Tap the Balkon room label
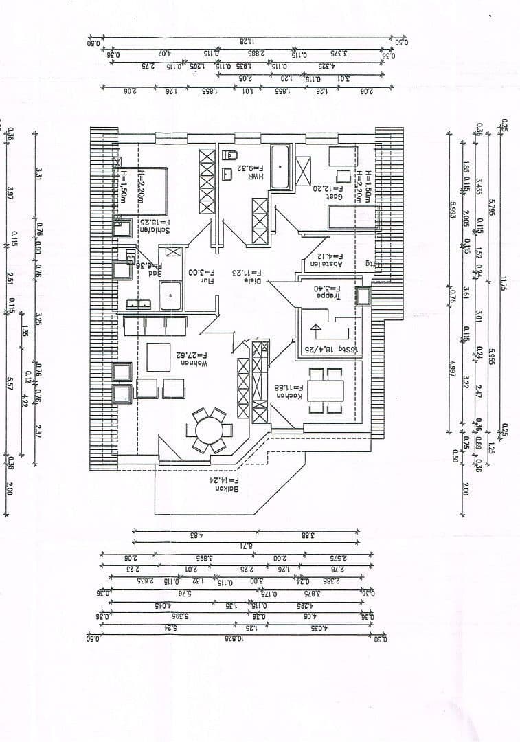click(227, 488)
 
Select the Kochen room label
click(289, 395)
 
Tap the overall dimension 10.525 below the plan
click(235, 639)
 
